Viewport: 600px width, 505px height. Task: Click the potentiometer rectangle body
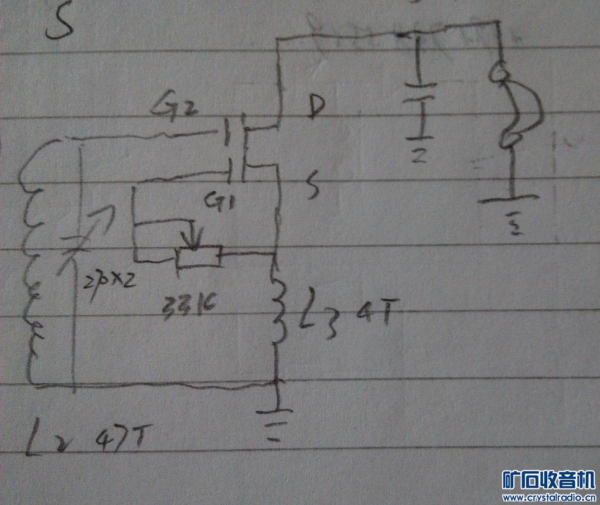[x=199, y=257]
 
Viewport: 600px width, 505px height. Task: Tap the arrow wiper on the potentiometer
[x=193, y=234]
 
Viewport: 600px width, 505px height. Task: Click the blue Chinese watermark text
[x=549, y=479]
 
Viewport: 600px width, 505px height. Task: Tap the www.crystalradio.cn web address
[x=549, y=498]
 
